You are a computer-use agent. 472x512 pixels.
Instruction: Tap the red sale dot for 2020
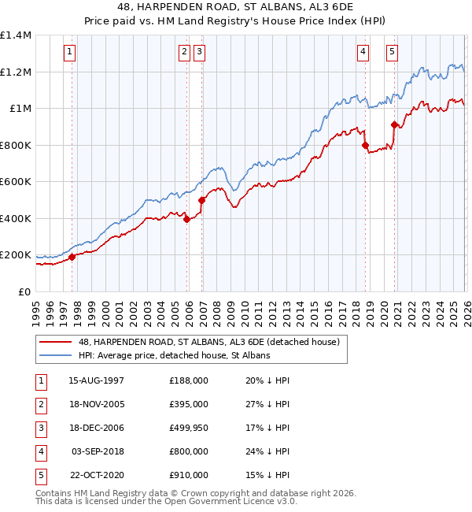(394, 124)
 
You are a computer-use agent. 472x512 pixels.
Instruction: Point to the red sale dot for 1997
(72, 257)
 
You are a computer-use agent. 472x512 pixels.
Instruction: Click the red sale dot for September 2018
(365, 145)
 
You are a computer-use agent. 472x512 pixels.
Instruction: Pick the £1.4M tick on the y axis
(16, 35)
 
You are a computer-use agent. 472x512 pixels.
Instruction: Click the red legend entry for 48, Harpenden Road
(208, 342)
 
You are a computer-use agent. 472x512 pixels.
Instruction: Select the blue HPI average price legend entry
(174, 356)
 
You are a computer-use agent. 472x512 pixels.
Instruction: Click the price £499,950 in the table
(189, 428)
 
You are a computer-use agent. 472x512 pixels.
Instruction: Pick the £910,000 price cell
(189, 475)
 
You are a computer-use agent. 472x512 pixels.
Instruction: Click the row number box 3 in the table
(40, 428)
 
